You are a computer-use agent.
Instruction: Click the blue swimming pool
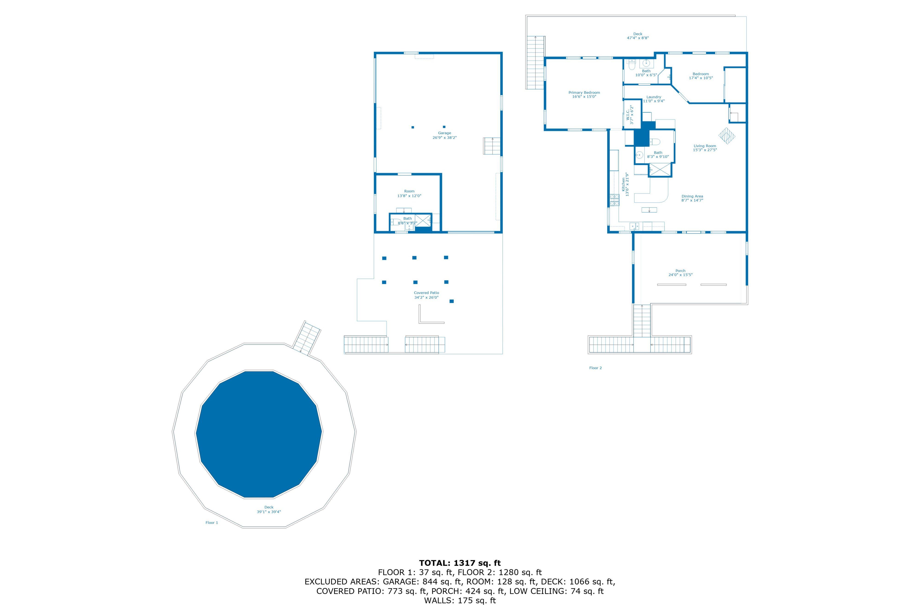(259, 434)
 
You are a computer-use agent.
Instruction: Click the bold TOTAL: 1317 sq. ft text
(460, 563)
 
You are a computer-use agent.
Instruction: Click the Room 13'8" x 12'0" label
(409, 194)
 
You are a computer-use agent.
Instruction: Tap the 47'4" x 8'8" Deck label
(638, 36)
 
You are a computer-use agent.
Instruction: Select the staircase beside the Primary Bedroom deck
(535, 63)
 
